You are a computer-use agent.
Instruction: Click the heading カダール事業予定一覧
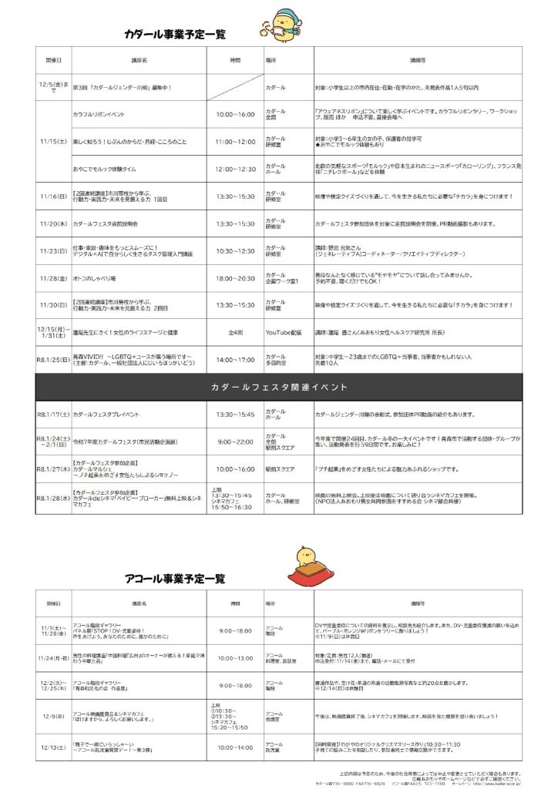click(175, 34)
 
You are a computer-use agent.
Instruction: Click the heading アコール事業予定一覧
click(175, 578)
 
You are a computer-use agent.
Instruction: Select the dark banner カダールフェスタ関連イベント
click(278, 387)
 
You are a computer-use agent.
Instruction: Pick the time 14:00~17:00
click(235, 358)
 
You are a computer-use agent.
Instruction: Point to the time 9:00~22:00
click(235, 442)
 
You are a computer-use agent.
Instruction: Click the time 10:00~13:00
click(235, 658)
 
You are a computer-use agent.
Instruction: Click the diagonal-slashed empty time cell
click(235, 87)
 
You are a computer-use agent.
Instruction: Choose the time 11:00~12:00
click(235, 142)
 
